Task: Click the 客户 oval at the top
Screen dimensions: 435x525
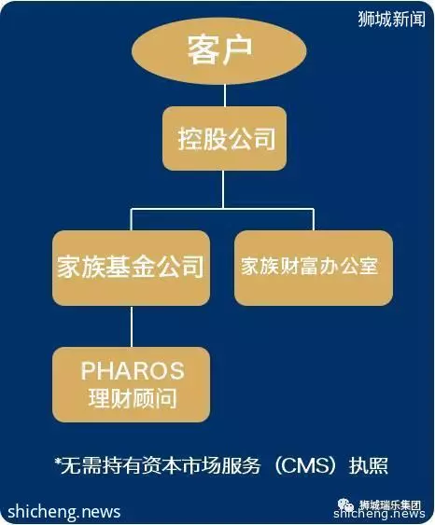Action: tap(219, 51)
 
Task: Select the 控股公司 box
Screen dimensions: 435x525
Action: tap(225, 138)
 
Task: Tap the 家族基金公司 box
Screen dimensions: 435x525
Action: tap(131, 268)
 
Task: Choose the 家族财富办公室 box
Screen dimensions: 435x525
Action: tap(314, 268)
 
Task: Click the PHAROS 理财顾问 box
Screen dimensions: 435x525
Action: tap(131, 385)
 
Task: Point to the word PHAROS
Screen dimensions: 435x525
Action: tap(133, 370)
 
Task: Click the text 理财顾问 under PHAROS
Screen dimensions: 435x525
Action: tap(133, 398)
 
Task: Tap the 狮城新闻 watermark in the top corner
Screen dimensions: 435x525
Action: tap(391, 19)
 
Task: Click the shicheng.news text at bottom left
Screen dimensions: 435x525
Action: tap(64, 512)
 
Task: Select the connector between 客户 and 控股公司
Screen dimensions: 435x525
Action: tap(225, 95)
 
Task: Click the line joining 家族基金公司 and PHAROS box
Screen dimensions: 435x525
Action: tap(131, 326)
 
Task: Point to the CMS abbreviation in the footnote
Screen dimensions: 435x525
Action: tap(305, 465)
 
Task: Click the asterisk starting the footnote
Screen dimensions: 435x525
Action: tap(58, 462)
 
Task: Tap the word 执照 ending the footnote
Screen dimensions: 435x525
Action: tap(369, 465)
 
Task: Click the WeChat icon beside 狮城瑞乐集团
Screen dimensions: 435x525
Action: tap(346, 504)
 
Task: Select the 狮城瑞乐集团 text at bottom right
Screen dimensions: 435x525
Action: tap(390, 504)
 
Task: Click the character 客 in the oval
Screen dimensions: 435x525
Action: tap(202, 50)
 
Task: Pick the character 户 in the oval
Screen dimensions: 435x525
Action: tap(236, 50)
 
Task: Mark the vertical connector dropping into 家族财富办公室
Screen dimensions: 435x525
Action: tap(314, 220)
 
